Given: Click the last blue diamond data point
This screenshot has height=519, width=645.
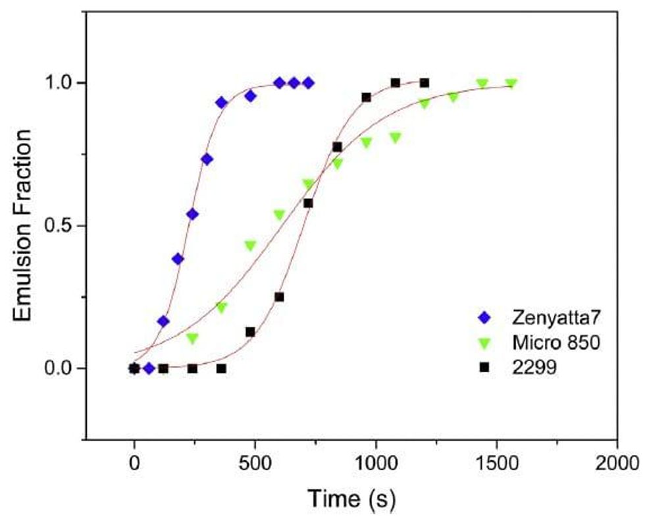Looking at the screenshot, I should point(308,83).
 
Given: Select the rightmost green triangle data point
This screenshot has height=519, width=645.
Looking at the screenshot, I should point(511,84).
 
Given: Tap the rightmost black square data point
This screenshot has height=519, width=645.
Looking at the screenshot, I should point(425,83).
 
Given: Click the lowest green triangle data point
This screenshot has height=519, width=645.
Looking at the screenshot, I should point(192,339).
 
